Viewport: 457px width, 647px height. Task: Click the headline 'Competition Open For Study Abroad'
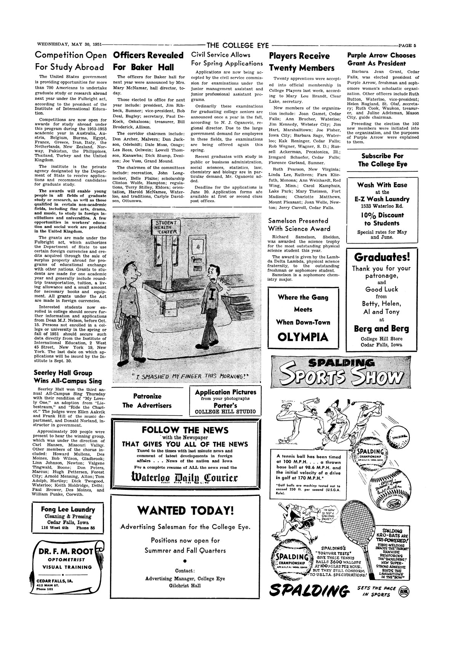pyautogui.click(x=71, y=61)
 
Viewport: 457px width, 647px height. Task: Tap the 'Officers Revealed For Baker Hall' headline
pyautogui.click(x=149, y=61)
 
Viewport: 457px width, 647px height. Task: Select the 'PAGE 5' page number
pyautogui.click(x=406, y=45)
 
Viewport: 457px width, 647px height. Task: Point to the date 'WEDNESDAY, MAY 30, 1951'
pyautogui.click(x=67, y=45)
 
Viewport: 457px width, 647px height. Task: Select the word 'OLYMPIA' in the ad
pyautogui.click(x=302, y=337)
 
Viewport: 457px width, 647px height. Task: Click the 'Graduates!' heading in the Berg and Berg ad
pyautogui.click(x=382, y=257)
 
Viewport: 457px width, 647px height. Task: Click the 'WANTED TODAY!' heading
pyautogui.click(x=185, y=510)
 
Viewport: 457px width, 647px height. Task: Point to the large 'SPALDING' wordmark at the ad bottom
pyautogui.click(x=309, y=592)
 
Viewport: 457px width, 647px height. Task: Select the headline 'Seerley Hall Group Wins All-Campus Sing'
pyautogui.click(x=68, y=377)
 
